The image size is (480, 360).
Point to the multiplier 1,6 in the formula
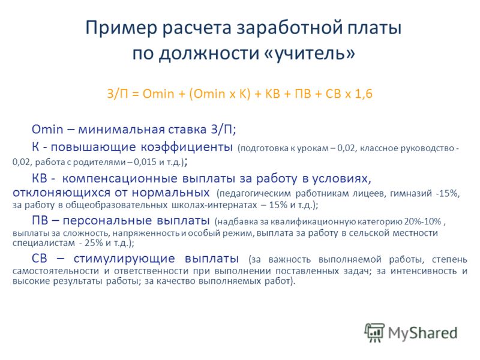click(364, 94)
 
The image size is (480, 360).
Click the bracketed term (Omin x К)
click(220, 94)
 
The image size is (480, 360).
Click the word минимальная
click(122, 130)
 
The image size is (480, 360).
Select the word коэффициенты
click(187, 147)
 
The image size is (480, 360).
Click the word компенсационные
click(119, 178)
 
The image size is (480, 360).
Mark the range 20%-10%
click(422, 221)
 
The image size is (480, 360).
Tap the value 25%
click(94, 243)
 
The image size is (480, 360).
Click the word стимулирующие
click(124, 259)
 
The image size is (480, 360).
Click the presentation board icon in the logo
click(374, 332)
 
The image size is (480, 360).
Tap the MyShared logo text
click(423, 333)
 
